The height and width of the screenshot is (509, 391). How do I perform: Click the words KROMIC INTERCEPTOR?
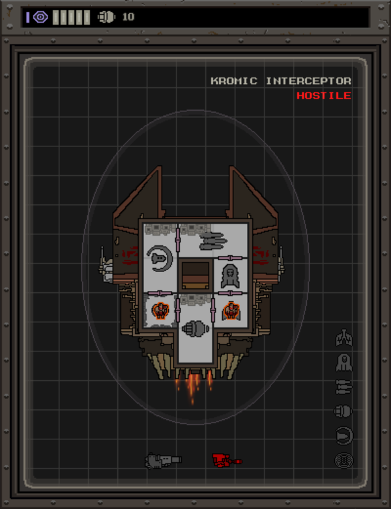(x=281, y=81)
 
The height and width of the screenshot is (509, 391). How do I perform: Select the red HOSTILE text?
(x=323, y=96)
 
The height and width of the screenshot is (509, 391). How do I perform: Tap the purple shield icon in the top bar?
(x=41, y=17)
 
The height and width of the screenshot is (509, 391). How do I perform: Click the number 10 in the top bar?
(x=128, y=17)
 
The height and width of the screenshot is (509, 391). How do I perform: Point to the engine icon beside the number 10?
(x=106, y=17)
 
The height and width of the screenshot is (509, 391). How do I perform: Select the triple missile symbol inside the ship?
(x=212, y=241)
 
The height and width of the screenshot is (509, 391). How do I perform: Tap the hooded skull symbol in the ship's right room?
(x=231, y=276)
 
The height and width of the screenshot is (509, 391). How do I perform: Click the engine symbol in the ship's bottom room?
(x=194, y=329)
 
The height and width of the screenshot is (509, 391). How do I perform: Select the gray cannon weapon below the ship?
(x=163, y=460)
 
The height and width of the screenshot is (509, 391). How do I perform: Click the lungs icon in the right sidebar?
(x=343, y=338)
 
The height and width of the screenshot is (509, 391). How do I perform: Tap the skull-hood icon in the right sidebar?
(x=343, y=362)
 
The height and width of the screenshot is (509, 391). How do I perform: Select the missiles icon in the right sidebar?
(x=343, y=387)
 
